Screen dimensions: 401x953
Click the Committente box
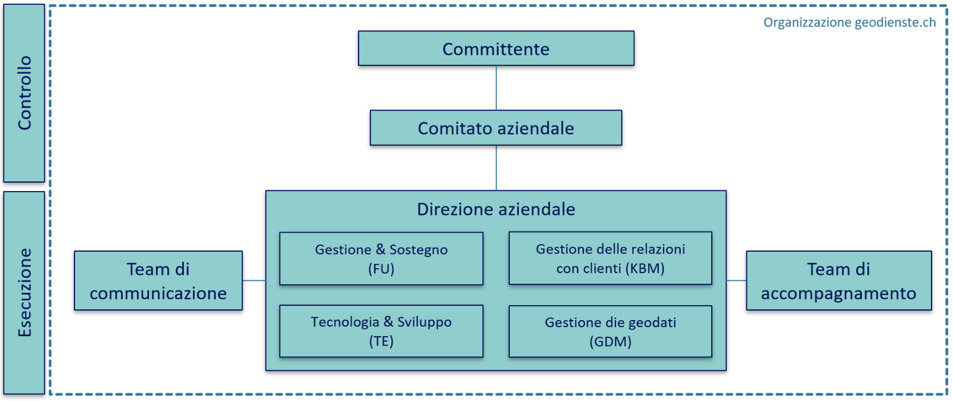pos(496,48)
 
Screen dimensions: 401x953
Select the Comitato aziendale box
pos(496,128)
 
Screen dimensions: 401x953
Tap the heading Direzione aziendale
pos(496,209)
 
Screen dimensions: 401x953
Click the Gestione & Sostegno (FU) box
pos(381,259)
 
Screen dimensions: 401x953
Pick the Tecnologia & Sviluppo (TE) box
pos(381,331)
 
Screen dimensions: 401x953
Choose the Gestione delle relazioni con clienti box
pos(611,258)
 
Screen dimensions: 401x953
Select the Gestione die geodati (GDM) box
pos(611,331)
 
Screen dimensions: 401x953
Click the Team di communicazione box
pos(158,281)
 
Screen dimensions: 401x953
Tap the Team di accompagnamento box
pos(839,281)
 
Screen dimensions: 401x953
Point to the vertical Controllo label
pos(24,93)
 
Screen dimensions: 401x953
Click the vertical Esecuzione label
pos(24,293)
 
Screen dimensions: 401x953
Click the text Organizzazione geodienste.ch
pos(849,23)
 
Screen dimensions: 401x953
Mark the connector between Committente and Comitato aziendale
pos(496,88)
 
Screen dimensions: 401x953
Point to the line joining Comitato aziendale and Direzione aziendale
pos(496,168)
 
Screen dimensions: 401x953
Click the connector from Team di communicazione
pos(254,280)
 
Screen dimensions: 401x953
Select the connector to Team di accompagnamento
pos(736,280)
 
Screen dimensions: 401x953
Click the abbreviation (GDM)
pos(611,342)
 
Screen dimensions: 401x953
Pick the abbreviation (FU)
pos(381,270)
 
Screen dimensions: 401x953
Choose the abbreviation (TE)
pos(381,342)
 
